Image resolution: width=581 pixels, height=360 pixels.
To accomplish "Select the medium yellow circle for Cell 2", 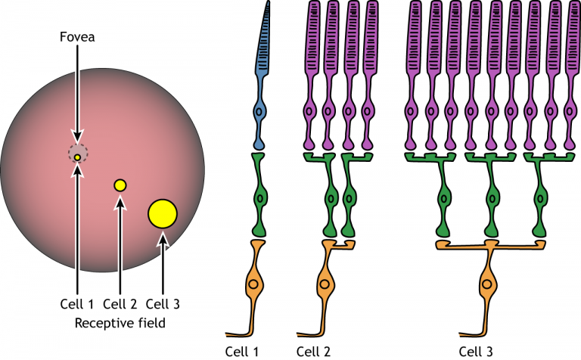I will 120,185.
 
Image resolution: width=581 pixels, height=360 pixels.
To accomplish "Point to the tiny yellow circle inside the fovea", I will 77,157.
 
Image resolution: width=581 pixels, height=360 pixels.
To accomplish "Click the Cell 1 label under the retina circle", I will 78,305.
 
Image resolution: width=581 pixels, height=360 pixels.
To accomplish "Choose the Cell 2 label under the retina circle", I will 120,305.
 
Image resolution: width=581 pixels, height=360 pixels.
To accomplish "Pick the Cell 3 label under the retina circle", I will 163,305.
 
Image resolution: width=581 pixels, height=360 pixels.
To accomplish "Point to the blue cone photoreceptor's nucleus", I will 259,112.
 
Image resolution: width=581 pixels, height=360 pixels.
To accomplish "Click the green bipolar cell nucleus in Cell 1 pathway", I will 259,200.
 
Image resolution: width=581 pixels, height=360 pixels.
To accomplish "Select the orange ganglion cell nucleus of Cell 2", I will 325,286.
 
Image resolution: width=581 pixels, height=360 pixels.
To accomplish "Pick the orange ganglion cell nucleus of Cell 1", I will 253,286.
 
